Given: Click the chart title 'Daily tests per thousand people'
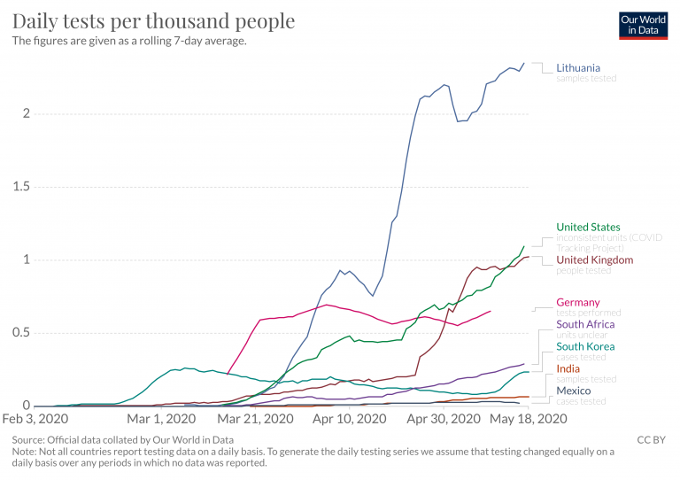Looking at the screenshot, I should coord(153,20).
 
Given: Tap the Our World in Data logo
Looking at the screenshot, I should coord(643,25).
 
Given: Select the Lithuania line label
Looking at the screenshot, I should coord(578,67).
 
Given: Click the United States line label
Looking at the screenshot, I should coord(588,228).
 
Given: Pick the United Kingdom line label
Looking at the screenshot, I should coord(594,260).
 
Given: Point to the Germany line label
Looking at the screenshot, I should coord(578,303).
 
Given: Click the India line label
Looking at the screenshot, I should coord(568,368).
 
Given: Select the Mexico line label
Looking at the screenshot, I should coord(574,391).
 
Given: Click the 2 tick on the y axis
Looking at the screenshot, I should coord(27,113).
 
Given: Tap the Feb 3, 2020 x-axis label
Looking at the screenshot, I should coord(37,419).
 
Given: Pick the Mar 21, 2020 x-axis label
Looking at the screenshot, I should coord(256,419).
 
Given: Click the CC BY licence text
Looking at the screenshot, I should coord(651,439).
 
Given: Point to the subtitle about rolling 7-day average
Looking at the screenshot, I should coord(128,41).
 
